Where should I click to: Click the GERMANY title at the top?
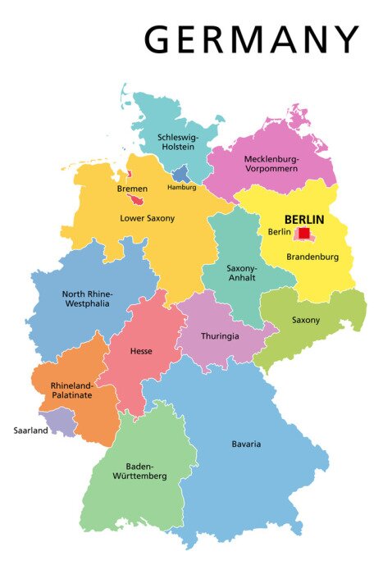pyautogui.click(x=252, y=39)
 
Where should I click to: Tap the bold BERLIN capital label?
pyautogui.click(x=303, y=220)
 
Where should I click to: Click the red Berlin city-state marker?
pyautogui.click(x=304, y=233)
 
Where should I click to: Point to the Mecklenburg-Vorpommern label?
pyautogui.click(x=271, y=163)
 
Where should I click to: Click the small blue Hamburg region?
pyautogui.click(x=181, y=174)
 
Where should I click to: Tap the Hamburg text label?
pyautogui.click(x=181, y=187)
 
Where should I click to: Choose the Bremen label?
pyautogui.click(x=132, y=189)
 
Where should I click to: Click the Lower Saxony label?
pyautogui.click(x=148, y=218)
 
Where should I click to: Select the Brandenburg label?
pyautogui.click(x=312, y=257)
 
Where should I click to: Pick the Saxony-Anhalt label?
pyautogui.click(x=242, y=273)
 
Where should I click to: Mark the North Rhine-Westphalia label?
pyautogui.click(x=88, y=298)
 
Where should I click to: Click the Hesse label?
pyautogui.click(x=141, y=351)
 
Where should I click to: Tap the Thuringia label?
pyautogui.click(x=219, y=335)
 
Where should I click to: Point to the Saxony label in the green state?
pyautogui.click(x=306, y=320)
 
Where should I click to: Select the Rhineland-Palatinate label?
pyautogui.click(x=71, y=390)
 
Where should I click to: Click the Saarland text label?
pyautogui.click(x=30, y=430)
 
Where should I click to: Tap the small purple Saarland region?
pyautogui.click(x=59, y=421)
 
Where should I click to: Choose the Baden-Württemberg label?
pyautogui.click(x=140, y=470)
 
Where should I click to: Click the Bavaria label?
pyautogui.click(x=245, y=444)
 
